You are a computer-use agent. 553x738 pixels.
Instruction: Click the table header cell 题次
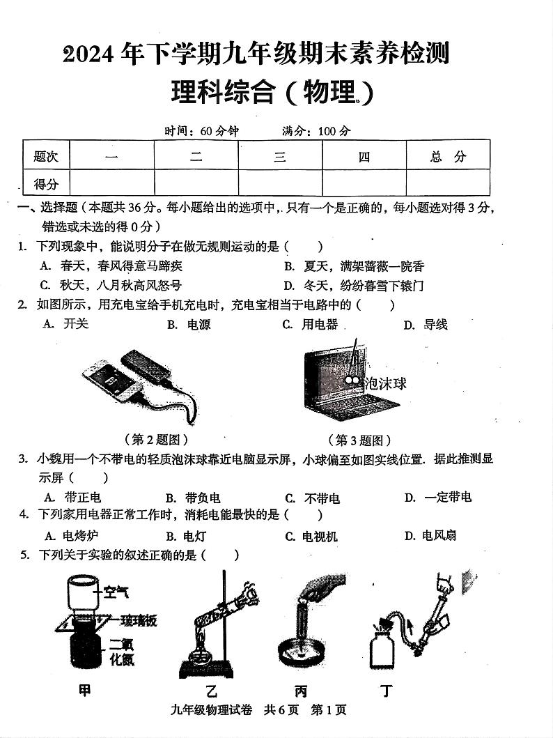(x=46, y=157)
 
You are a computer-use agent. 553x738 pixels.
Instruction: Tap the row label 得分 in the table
(x=46, y=184)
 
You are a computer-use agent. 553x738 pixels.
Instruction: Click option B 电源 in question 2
(x=189, y=325)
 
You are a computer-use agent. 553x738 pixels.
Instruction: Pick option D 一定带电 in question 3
(x=438, y=497)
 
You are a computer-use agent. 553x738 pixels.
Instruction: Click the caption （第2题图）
(x=156, y=440)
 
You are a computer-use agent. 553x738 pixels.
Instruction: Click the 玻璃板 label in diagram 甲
(x=139, y=620)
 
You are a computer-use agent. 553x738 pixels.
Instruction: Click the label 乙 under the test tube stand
(x=212, y=691)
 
